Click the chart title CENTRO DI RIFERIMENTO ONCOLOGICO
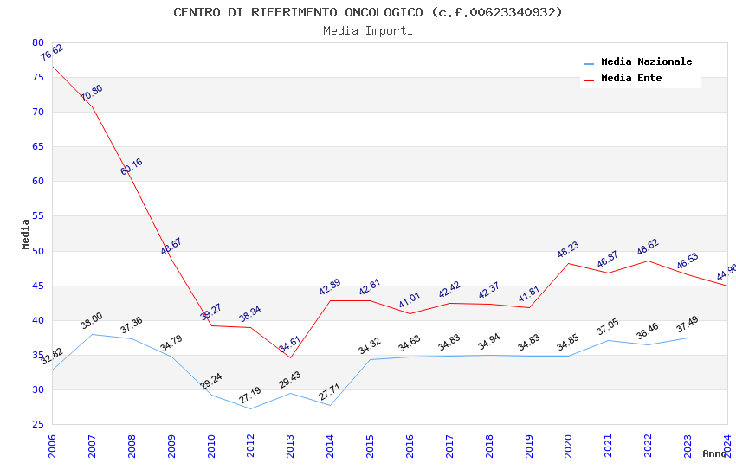[367, 12]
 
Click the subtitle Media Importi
[367, 31]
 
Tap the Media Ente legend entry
[631, 79]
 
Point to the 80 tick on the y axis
[37, 42]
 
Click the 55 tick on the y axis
[37, 216]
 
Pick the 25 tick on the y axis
[37, 424]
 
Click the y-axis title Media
[26, 234]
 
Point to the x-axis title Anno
[714, 453]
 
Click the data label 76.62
[52, 54]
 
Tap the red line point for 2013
[290, 357]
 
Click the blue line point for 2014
[330, 405]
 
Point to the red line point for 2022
[648, 261]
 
